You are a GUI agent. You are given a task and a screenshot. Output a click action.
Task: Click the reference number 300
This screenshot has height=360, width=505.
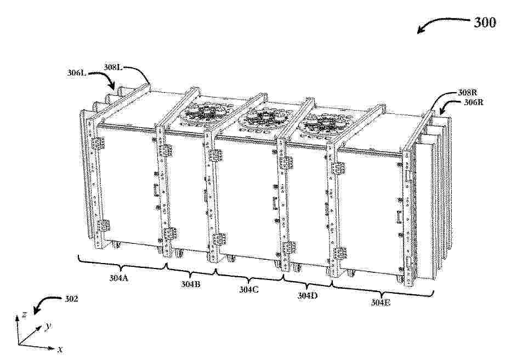(484, 22)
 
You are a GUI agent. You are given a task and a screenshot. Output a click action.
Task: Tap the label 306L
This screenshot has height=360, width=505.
(77, 73)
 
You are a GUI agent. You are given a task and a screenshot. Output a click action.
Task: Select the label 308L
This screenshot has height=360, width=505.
(113, 67)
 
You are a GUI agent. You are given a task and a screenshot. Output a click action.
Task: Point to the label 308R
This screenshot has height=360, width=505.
(467, 93)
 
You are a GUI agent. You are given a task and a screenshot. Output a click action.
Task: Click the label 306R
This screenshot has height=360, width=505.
(473, 102)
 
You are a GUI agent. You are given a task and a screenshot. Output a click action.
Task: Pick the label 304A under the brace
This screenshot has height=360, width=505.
(118, 278)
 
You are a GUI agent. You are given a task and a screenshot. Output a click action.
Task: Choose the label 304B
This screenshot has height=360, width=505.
(191, 284)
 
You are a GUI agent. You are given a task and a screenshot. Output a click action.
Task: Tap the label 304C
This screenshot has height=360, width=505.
(248, 289)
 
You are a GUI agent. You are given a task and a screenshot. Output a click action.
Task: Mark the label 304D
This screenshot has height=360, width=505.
(307, 295)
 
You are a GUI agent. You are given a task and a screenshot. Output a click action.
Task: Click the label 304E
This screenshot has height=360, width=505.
(381, 302)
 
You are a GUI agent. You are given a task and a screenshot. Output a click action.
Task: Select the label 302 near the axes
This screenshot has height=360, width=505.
(71, 299)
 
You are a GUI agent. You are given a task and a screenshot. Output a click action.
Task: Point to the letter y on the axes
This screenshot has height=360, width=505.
(48, 327)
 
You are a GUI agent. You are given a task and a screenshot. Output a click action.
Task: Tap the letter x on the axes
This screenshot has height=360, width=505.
(60, 348)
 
